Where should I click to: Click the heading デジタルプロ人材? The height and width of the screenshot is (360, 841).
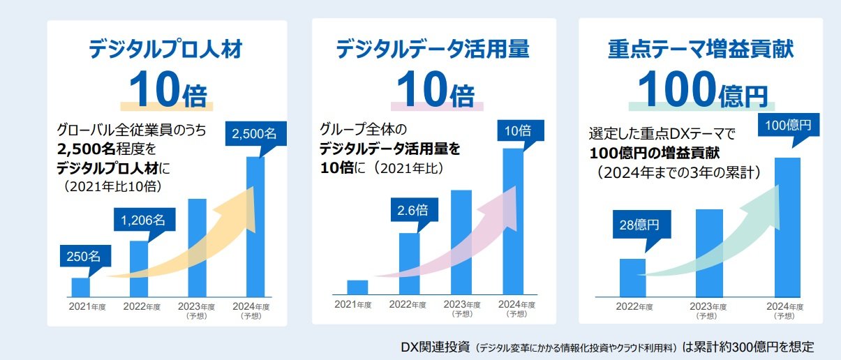click(167, 50)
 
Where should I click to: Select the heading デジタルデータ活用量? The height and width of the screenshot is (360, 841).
click(433, 50)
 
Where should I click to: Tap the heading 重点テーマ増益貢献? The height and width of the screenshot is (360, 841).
click(701, 50)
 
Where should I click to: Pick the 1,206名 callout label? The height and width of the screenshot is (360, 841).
click(143, 220)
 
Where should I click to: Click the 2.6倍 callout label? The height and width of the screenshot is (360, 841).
click(412, 210)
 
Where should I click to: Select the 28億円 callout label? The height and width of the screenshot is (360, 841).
click(640, 225)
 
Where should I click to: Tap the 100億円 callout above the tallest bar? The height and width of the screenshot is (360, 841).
click(788, 127)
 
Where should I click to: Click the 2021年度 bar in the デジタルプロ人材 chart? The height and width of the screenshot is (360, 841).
click(81, 287)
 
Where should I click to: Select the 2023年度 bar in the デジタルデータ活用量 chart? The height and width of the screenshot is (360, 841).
click(461, 241)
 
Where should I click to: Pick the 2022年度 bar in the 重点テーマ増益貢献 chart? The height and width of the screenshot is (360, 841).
click(632, 277)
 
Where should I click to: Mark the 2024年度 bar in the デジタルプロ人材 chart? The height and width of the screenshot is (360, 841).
click(255, 227)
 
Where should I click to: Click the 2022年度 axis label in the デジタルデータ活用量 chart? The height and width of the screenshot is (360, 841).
click(408, 304)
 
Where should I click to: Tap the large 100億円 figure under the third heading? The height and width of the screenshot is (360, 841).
click(701, 90)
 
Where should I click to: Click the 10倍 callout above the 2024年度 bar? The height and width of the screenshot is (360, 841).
click(518, 130)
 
